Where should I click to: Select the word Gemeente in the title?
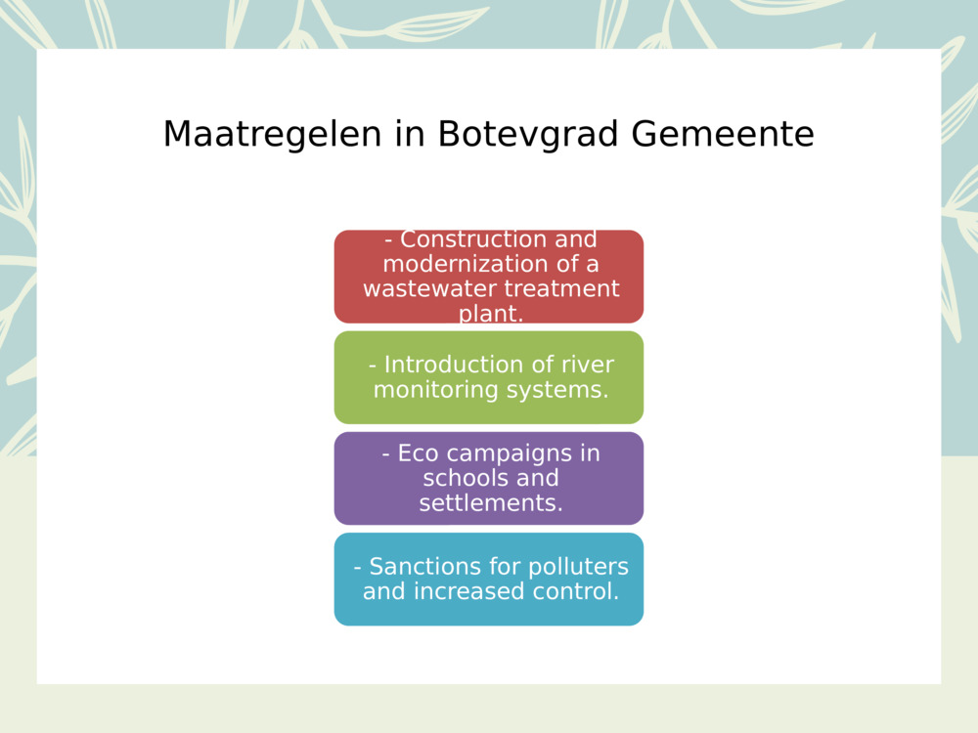point(722,134)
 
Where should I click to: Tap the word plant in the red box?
point(490,314)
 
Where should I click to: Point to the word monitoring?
point(435,390)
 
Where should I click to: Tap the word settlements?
point(490,503)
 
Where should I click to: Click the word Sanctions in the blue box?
point(423,567)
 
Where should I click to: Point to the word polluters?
point(578,567)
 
